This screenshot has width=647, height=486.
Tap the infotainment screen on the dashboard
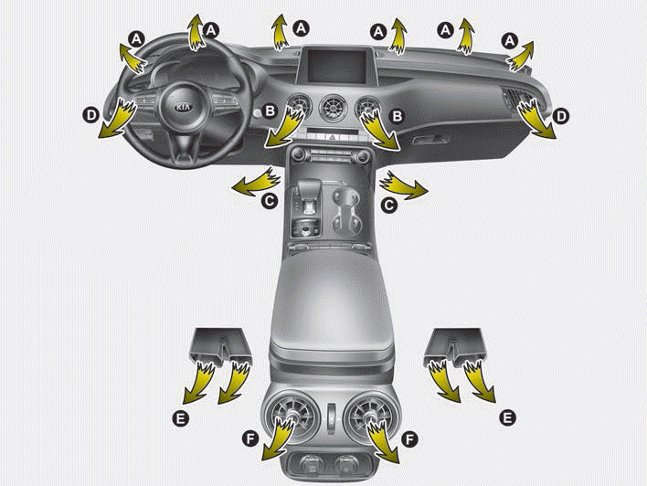(x=333, y=66)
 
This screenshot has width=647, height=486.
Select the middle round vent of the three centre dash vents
(x=333, y=108)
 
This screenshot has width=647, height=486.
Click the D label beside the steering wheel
(x=91, y=114)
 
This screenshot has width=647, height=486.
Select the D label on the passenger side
(x=562, y=117)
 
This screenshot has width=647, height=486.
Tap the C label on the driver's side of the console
(x=269, y=201)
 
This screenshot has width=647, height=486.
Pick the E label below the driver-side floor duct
(x=180, y=418)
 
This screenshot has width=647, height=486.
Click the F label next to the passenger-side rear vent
(x=408, y=439)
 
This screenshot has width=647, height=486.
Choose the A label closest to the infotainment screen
(x=301, y=28)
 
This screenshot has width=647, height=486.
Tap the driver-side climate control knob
(x=298, y=155)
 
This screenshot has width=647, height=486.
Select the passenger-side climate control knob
(x=363, y=156)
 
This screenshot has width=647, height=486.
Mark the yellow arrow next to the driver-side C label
(x=257, y=182)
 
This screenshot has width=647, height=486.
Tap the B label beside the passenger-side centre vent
(x=397, y=116)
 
